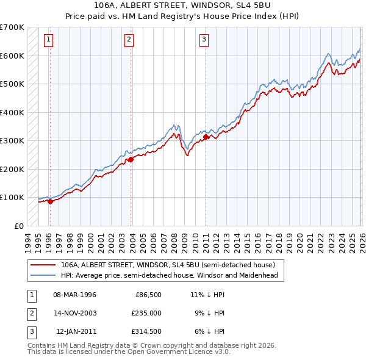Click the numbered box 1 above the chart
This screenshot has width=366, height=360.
click(x=49, y=40)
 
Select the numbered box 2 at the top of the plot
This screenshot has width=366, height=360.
click(x=129, y=40)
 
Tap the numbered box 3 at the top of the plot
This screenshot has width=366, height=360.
click(x=204, y=40)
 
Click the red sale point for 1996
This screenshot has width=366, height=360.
click(x=50, y=202)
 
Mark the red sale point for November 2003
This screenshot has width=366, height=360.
click(x=131, y=160)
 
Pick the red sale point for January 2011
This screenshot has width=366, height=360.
click(x=206, y=137)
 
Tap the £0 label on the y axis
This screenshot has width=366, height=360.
click(x=19, y=226)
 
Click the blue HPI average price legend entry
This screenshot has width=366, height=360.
click(x=169, y=275)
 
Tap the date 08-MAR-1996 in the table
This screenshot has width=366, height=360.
click(x=74, y=295)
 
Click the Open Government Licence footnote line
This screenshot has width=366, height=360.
click(x=129, y=352)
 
